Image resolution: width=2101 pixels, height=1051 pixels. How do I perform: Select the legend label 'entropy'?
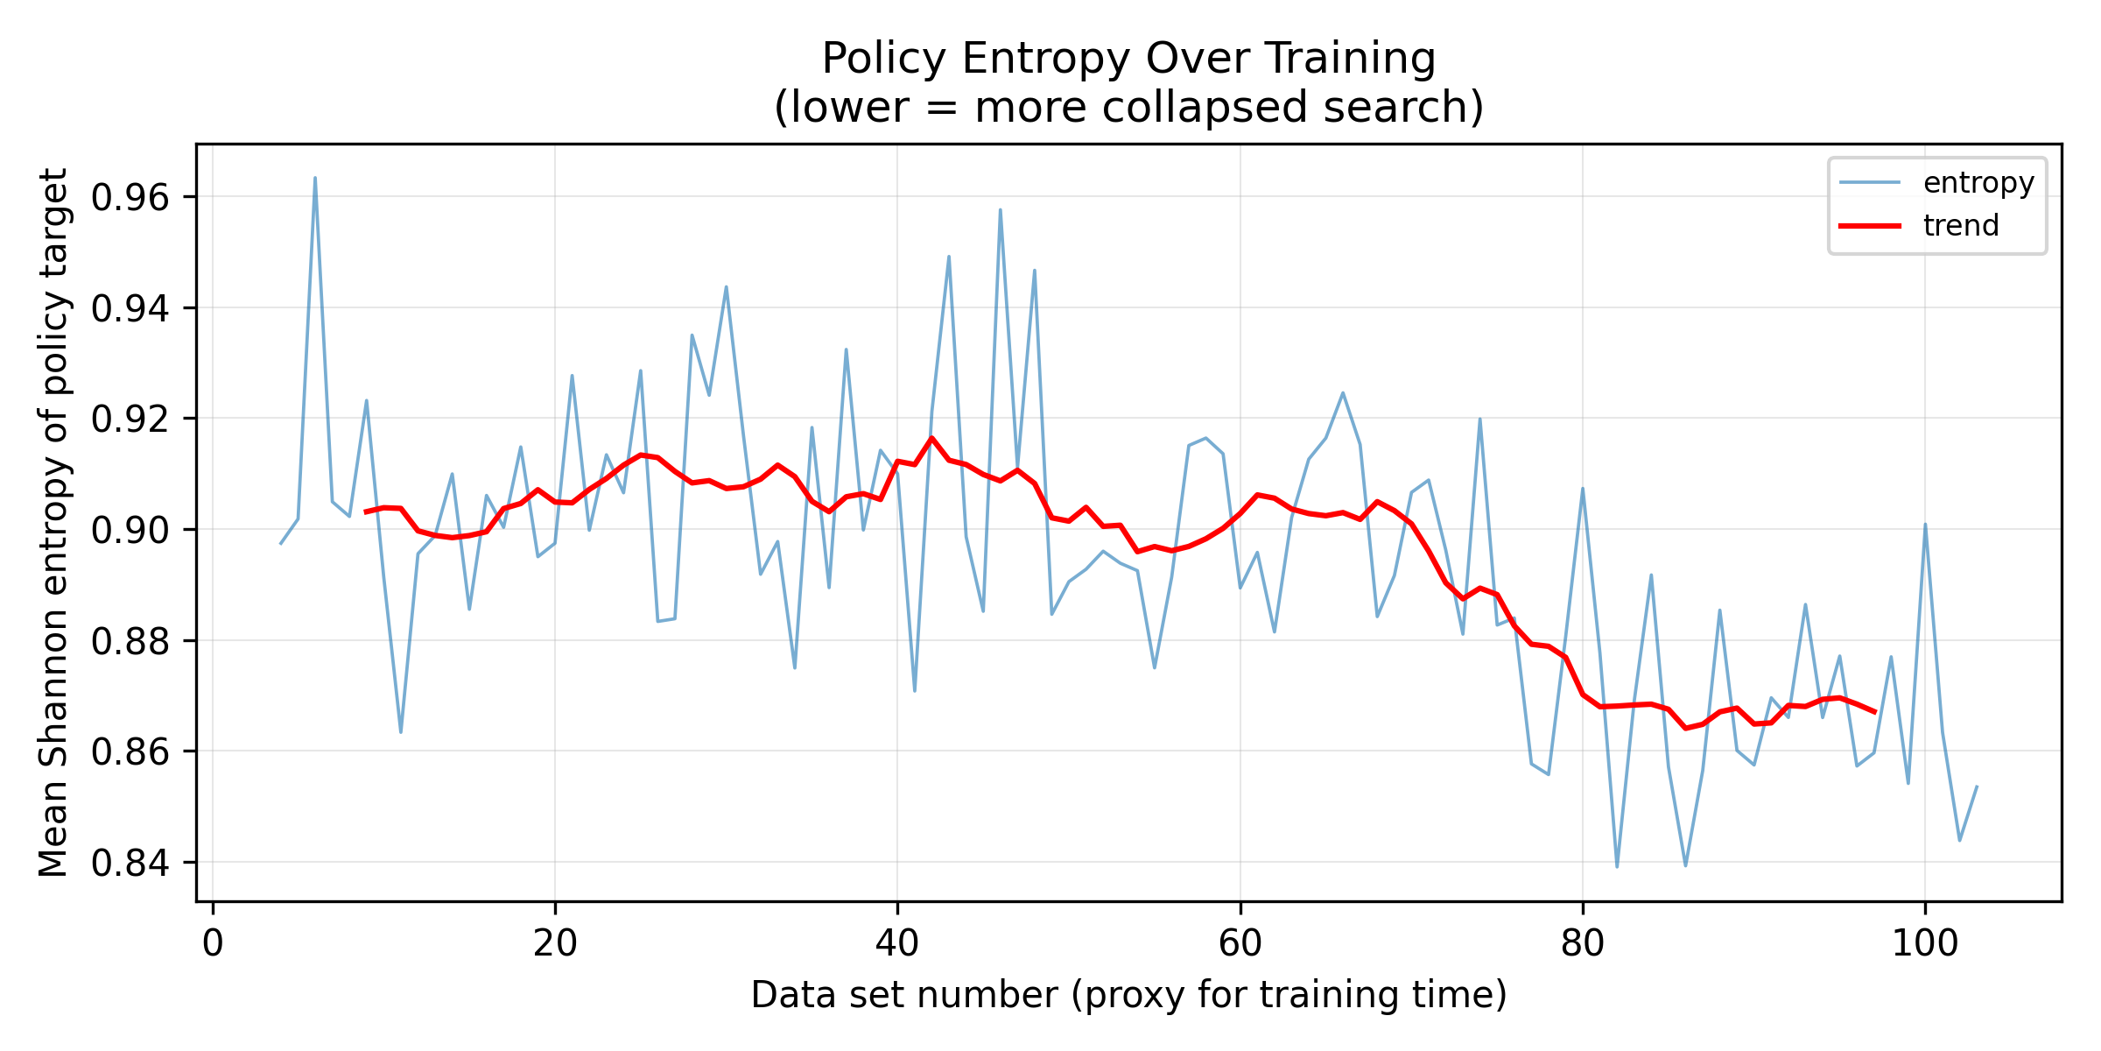point(1978,182)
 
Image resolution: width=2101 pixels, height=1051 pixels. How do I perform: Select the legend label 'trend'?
point(1961,226)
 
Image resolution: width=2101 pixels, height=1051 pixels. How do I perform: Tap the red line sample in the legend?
point(1870,226)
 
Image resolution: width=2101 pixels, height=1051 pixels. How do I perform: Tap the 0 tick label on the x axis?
point(213,944)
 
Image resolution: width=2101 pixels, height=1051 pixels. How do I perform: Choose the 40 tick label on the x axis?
point(897,944)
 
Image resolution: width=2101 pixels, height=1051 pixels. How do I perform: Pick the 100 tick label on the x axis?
point(1924,944)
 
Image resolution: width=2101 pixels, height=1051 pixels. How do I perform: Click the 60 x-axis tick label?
point(1240,944)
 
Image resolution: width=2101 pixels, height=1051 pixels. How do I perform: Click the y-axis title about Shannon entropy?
point(54,522)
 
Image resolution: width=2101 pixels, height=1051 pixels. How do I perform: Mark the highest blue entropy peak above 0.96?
point(315,178)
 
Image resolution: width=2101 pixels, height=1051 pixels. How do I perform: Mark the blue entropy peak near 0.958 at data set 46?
point(1000,209)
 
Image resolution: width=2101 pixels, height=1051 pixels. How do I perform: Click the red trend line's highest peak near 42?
point(931,437)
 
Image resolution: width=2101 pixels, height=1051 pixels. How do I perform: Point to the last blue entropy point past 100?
point(1977,786)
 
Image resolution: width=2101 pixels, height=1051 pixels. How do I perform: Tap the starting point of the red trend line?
point(366,511)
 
